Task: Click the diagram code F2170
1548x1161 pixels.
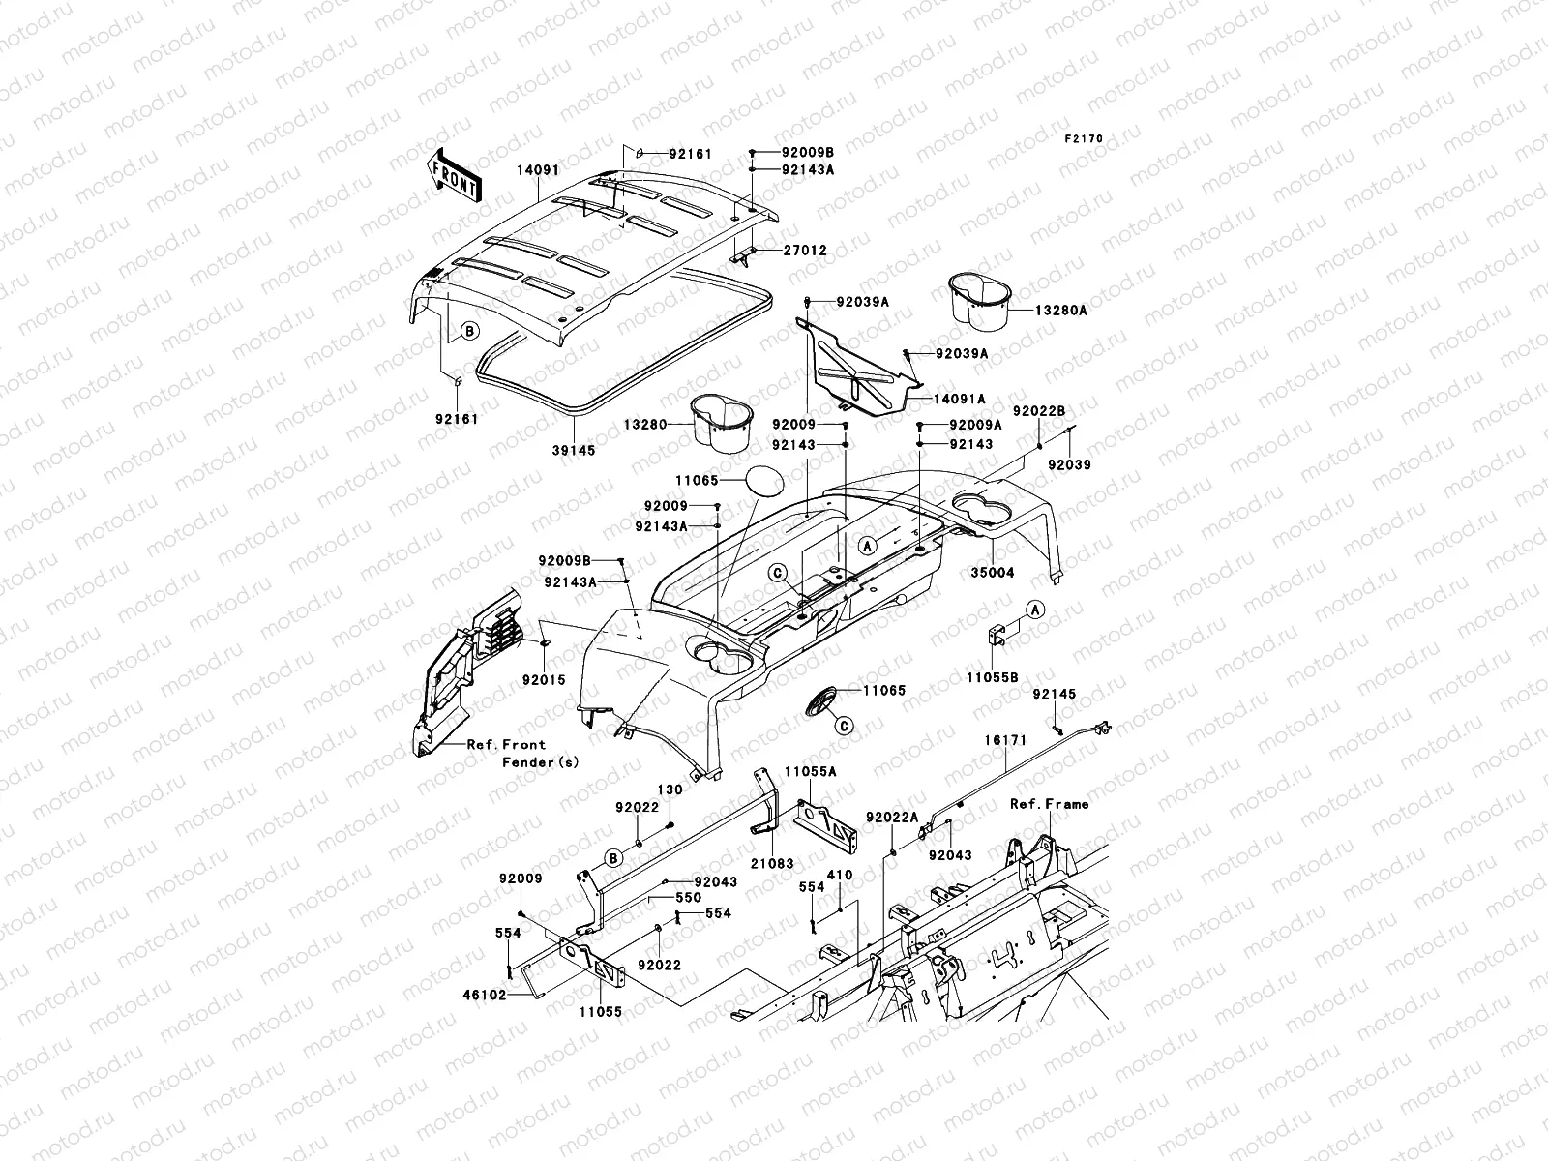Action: pos(1084,139)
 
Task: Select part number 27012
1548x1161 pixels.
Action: pos(804,251)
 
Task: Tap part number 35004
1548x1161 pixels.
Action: pos(993,573)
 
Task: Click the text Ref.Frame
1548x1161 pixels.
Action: pos(1049,804)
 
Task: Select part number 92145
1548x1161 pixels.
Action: pos(1054,695)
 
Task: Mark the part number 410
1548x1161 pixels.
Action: pos(840,876)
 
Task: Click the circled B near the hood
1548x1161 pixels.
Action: pos(469,331)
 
